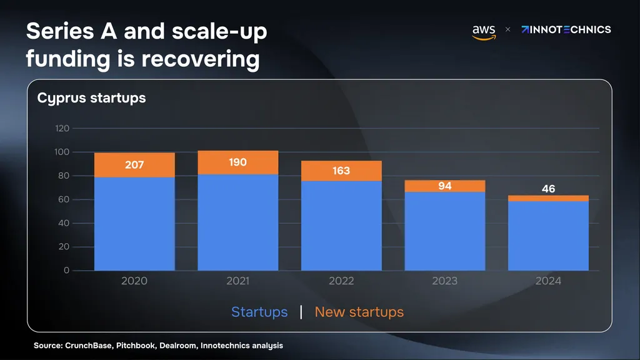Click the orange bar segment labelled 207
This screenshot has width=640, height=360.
[135, 165]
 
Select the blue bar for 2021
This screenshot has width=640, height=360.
[238, 222]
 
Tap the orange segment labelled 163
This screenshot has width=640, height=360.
[342, 171]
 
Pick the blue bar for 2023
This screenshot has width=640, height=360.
[445, 231]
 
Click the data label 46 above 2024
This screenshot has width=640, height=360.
[548, 189]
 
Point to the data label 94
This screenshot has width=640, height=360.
[445, 186]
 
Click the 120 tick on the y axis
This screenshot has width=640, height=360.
[62, 128]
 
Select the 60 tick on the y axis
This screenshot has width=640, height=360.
[64, 199]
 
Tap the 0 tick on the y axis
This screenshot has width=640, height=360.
[66, 270]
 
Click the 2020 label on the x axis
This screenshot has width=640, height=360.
[134, 281]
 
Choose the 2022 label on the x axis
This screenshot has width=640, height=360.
[342, 281]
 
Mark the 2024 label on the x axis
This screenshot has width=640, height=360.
[548, 281]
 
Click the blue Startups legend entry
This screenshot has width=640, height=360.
[259, 312]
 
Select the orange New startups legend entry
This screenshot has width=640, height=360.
[359, 312]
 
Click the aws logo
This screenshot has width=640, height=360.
[484, 32]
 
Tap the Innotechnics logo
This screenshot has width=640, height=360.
[566, 29]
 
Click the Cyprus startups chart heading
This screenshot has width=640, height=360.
[91, 98]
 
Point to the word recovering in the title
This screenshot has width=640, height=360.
[201, 59]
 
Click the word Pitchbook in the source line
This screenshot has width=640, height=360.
[136, 345]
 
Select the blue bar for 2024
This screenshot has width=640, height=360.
[548, 236]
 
